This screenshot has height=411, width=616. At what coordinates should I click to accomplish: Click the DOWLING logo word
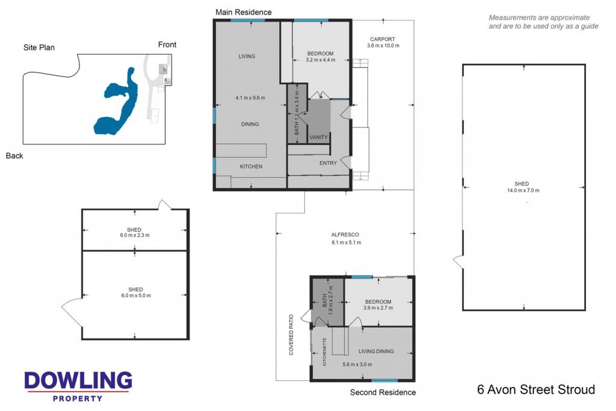click(x=78, y=380)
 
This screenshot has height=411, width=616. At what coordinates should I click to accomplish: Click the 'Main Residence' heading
click(x=243, y=12)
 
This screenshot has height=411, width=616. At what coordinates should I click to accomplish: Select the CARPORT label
click(x=382, y=39)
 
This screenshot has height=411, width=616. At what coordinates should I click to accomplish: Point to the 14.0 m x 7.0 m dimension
click(x=523, y=191)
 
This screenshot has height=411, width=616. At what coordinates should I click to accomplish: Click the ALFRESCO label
click(x=345, y=235)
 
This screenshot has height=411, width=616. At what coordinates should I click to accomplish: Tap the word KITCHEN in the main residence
click(x=251, y=167)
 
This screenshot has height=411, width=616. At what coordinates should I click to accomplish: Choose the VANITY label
click(x=318, y=138)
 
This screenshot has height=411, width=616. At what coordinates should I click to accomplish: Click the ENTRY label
click(x=328, y=163)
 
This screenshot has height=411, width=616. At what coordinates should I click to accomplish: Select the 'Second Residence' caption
click(x=383, y=392)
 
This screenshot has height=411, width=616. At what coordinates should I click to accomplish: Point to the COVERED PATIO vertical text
click(x=291, y=335)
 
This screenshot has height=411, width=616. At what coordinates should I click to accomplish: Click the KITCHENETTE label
click(x=324, y=351)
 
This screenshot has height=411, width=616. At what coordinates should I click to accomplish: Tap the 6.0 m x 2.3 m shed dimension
click(x=135, y=235)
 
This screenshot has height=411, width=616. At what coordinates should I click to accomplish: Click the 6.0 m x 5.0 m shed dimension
click(x=136, y=295)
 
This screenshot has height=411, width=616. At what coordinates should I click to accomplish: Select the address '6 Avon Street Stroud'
click(x=536, y=389)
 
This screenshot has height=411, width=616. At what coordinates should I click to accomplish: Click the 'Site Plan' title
click(x=39, y=48)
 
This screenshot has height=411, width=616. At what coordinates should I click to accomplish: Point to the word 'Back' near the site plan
click(x=14, y=156)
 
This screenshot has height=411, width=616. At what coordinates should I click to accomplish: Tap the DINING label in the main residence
click(x=250, y=124)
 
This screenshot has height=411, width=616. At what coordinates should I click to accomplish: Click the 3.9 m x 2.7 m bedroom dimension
click(x=378, y=307)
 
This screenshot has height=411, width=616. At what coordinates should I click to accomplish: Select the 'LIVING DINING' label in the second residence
click(x=376, y=351)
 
